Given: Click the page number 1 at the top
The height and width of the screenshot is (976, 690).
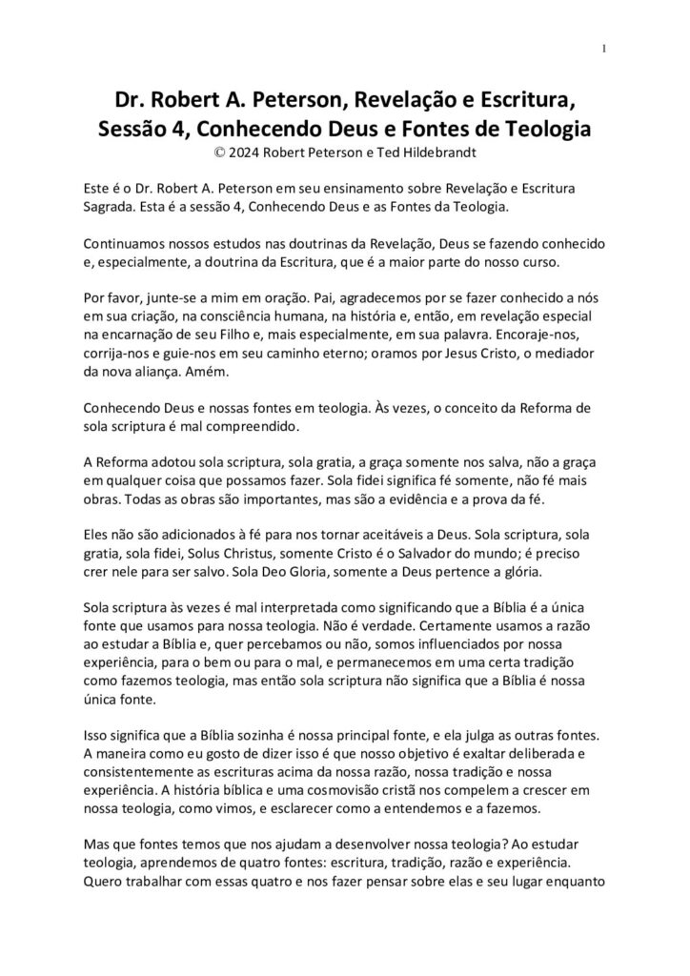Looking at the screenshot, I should click(605, 50).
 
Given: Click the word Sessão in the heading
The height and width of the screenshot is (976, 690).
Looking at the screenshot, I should click(134, 127).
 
